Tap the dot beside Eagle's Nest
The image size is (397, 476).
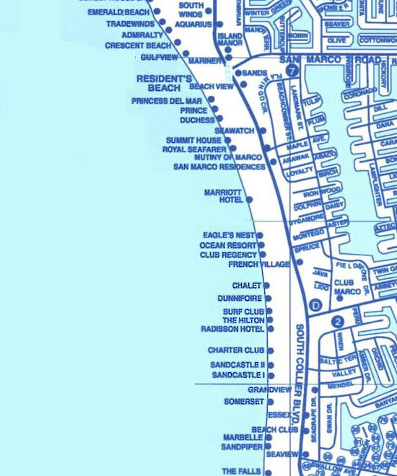click(x=260, y=235)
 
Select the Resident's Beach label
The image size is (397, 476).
click(x=165, y=83)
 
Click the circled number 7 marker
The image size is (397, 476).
click(x=292, y=71)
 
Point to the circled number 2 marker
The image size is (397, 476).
click(x=337, y=322)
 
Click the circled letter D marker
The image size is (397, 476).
click(x=315, y=305)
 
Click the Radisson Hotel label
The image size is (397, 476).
click(x=232, y=329)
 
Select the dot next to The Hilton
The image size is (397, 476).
click(x=270, y=319)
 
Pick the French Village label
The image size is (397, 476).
click(x=258, y=265)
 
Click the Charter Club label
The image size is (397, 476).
click(x=235, y=351)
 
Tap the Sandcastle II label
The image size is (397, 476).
click(x=237, y=365)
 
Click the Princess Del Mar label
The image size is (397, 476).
click(x=167, y=101)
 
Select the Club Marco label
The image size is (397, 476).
click(x=346, y=287)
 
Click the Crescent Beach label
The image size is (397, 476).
click(x=138, y=45)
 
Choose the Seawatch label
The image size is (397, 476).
click(x=235, y=131)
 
